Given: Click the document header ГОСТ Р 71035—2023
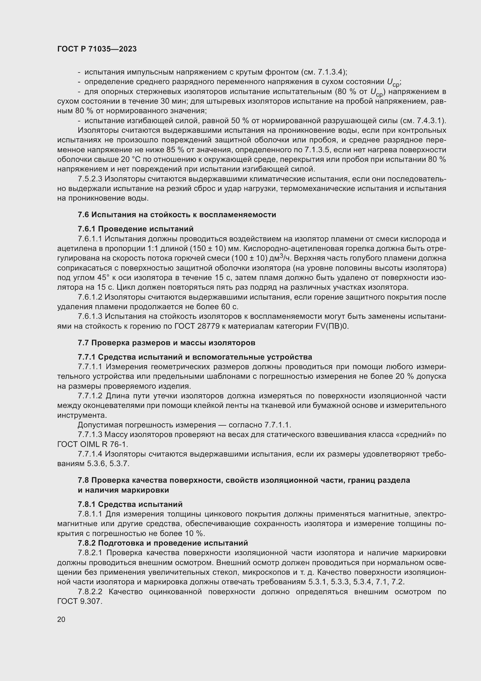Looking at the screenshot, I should click(97, 49).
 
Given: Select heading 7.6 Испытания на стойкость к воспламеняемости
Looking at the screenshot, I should click(177, 215).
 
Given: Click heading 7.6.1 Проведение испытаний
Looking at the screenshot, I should click(136, 229).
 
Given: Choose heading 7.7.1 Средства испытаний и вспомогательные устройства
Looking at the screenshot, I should click(195, 357).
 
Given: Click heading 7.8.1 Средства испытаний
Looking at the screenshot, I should click(130, 504).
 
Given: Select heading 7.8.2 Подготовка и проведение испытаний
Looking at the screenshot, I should click(163, 543).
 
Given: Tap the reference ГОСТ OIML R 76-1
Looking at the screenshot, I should click(93, 444).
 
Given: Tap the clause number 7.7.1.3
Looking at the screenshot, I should click(90, 434).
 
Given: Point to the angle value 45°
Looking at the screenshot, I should click(103, 278).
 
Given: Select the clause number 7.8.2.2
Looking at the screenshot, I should click(90, 592).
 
